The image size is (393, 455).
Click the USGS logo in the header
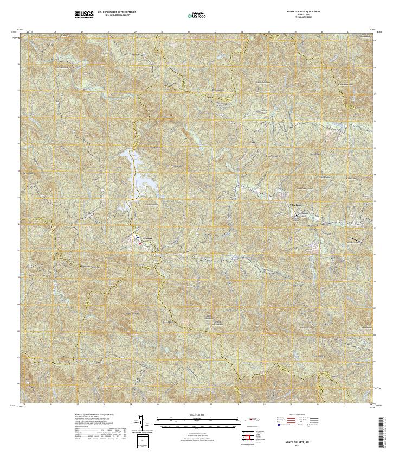click(x=84, y=14)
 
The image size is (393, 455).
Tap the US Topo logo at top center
click(x=196, y=15)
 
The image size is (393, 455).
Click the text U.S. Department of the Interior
click(x=117, y=11)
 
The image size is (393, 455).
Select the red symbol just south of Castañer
click(x=140, y=244)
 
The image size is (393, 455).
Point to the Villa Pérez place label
click(x=295, y=205)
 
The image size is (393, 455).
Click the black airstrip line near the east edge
click(x=356, y=239)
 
